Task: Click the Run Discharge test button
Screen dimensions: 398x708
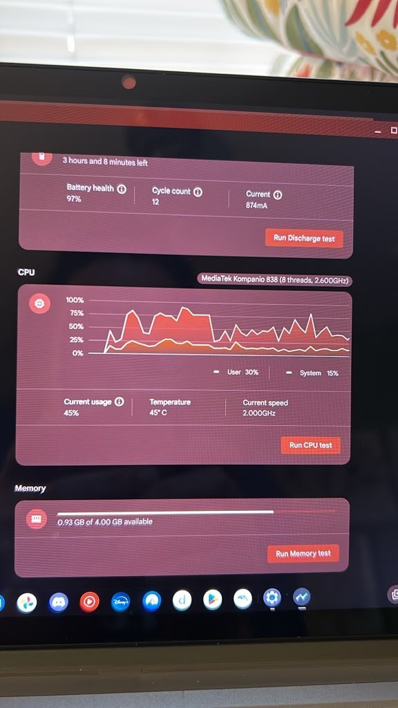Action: pyautogui.click(x=304, y=238)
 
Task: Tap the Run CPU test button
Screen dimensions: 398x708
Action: pyautogui.click(x=310, y=445)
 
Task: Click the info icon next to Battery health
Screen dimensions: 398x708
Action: pyautogui.click(x=122, y=189)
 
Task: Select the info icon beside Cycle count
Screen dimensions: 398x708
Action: pyautogui.click(x=198, y=192)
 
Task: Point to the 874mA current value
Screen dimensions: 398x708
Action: pyautogui.click(x=257, y=206)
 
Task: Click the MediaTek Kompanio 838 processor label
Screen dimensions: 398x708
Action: pyautogui.click(x=275, y=280)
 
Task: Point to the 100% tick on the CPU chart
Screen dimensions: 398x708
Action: pyautogui.click(x=75, y=300)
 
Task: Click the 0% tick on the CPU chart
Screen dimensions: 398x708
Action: pyautogui.click(x=78, y=353)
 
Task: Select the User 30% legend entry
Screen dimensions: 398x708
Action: pyautogui.click(x=236, y=372)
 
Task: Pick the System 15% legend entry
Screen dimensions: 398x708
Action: pyautogui.click(x=312, y=373)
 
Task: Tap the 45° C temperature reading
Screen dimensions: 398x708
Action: pyautogui.click(x=158, y=412)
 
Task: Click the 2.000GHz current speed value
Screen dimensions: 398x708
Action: pyautogui.click(x=259, y=413)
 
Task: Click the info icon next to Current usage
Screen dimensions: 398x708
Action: pyautogui.click(x=119, y=402)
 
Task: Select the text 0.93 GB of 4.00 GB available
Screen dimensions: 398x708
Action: pyautogui.click(x=105, y=521)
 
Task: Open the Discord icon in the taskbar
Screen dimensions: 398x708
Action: pyautogui.click(x=59, y=602)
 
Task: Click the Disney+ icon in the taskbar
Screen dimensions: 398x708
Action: pyautogui.click(x=120, y=602)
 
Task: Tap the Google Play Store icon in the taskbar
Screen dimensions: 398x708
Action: pyautogui.click(x=213, y=599)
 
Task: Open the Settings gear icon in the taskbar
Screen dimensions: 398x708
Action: pyautogui.click(x=272, y=598)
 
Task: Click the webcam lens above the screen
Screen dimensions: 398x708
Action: pyautogui.click(x=129, y=82)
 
